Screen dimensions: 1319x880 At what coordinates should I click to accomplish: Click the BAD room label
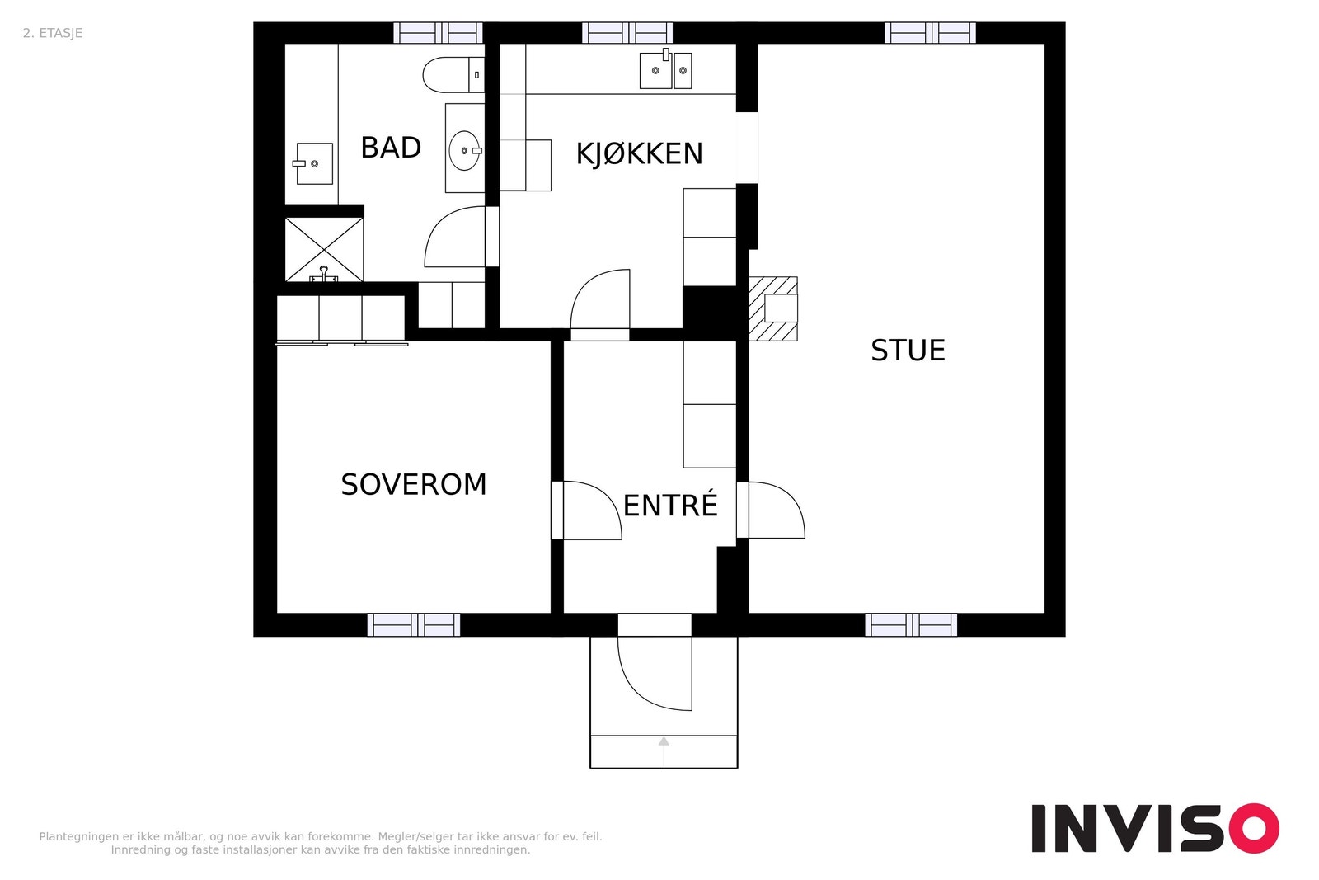click(x=391, y=148)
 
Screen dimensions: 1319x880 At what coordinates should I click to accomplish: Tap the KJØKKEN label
click(x=640, y=154)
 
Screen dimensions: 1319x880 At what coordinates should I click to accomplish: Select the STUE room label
click(x=908, y=351)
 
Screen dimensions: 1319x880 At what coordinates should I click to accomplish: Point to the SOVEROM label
click(x=414, y=485)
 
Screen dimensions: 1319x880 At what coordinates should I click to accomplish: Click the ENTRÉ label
click(x=670, y=506)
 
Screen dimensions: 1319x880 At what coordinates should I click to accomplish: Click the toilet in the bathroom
click(x=453, y=75)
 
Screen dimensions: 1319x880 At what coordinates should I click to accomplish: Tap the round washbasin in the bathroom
click(x=465, y=151)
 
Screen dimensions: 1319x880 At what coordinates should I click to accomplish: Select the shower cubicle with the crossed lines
click(x=325, y=249)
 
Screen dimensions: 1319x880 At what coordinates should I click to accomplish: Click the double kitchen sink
click(x=665, y=70)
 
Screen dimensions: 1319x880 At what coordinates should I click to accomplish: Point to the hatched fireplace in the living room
click(x=773, y=308)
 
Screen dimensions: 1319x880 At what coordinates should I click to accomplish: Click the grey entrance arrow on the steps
click(x=664, y=751)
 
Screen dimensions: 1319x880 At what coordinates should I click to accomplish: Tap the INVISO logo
click(x=1155, y=827)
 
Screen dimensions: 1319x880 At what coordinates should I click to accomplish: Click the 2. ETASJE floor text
click(x=53, y=34)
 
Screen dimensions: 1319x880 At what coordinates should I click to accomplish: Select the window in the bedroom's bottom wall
click(x=414, y=625)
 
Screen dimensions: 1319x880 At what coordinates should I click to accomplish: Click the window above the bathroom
click(x=438, y=33)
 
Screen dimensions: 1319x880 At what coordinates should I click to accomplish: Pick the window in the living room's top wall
click(x=930, y=33)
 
